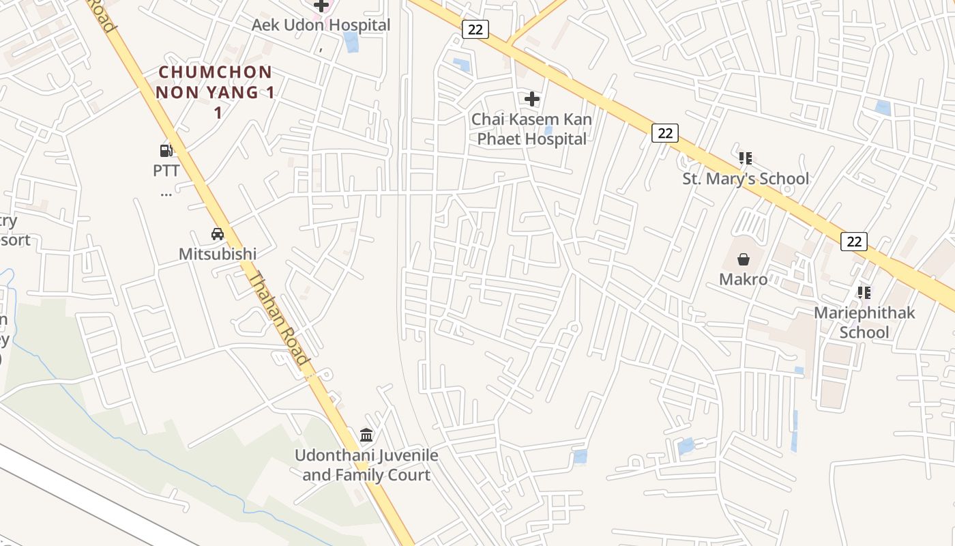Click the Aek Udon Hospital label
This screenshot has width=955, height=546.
coord(321,25)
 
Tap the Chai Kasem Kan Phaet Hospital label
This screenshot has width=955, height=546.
coord(531,129)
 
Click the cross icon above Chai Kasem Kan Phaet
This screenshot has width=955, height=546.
coord(531,99)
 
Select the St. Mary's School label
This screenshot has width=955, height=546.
coord(746,179)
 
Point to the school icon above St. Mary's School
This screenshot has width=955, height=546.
coord(746,158)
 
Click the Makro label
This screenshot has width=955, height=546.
coord(743,278)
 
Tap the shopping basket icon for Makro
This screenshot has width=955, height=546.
coord(743,259)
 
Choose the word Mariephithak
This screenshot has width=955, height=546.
coord(864,313)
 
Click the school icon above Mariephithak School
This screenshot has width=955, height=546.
coord(864,293)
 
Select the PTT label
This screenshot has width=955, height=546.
coord(166,170)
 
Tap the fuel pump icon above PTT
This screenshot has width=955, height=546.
coord(166,150)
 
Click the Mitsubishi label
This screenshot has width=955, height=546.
coord(218,254)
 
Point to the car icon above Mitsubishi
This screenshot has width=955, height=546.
coord(218,234)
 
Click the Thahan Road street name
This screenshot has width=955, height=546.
coord(280,317)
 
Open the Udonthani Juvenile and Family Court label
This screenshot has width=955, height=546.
coord(366,465)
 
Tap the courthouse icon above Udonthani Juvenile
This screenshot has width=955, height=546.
coord(366,435)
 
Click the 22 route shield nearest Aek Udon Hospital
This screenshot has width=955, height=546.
coord(475,29)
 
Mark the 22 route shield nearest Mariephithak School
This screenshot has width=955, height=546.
coord(854,241)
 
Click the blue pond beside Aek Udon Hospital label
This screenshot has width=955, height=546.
coord(351,42)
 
